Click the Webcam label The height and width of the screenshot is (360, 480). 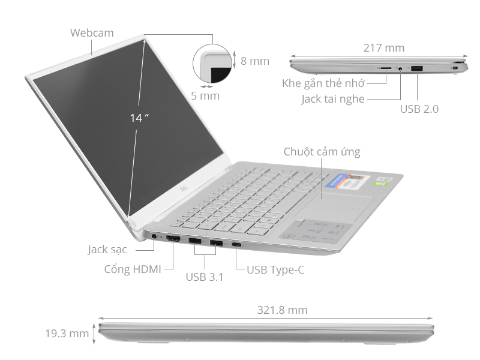tap(92, 32)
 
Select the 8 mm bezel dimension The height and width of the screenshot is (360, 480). tap(254, 61)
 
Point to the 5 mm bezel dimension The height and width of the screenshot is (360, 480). tap(205, 95)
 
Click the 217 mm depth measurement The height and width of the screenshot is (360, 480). tap(384, 48)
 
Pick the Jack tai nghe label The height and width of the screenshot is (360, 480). tap(333, 99)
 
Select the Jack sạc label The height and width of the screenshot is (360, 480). tap(107, 249)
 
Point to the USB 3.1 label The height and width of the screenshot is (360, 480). tap(205, 277)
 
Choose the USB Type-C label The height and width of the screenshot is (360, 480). tap(275, 269)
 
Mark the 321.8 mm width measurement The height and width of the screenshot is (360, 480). tap(282, 310)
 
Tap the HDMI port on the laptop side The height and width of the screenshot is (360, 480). tap(173, 240)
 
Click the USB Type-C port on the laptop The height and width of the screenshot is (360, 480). tap(238, 245)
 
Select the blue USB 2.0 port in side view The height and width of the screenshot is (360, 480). tap(417, 69)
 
